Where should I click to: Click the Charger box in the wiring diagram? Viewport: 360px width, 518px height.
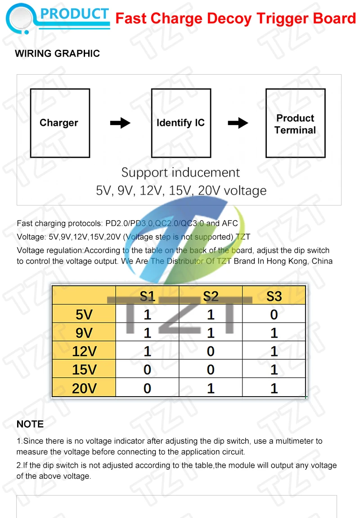click(60, 123)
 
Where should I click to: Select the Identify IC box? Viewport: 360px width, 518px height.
click(181, 123)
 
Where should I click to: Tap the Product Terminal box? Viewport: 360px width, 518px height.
click(295, 124)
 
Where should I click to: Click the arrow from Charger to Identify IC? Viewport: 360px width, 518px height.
click(120, 123)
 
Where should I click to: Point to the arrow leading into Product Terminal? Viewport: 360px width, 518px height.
click(238, 123)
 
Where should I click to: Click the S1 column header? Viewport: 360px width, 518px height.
click(147, 296)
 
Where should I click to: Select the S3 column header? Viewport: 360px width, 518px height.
click(274, 296)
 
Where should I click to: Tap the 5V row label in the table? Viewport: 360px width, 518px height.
click(84, 314)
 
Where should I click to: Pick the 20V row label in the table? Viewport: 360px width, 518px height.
click(84, 388)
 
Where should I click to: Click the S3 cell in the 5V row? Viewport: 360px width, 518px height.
click(274, 314)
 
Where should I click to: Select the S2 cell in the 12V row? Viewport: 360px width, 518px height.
click(211, 351)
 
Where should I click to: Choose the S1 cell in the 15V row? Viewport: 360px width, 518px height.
click(147, 370)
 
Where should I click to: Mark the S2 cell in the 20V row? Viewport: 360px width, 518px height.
click(211, 388)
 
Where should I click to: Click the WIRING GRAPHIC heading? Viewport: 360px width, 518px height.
click(57, 54)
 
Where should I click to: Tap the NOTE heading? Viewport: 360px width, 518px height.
click(30, 424)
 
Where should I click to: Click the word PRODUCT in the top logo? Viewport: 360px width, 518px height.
click(75, 14)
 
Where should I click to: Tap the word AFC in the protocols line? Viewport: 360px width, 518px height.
click(230, 223)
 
